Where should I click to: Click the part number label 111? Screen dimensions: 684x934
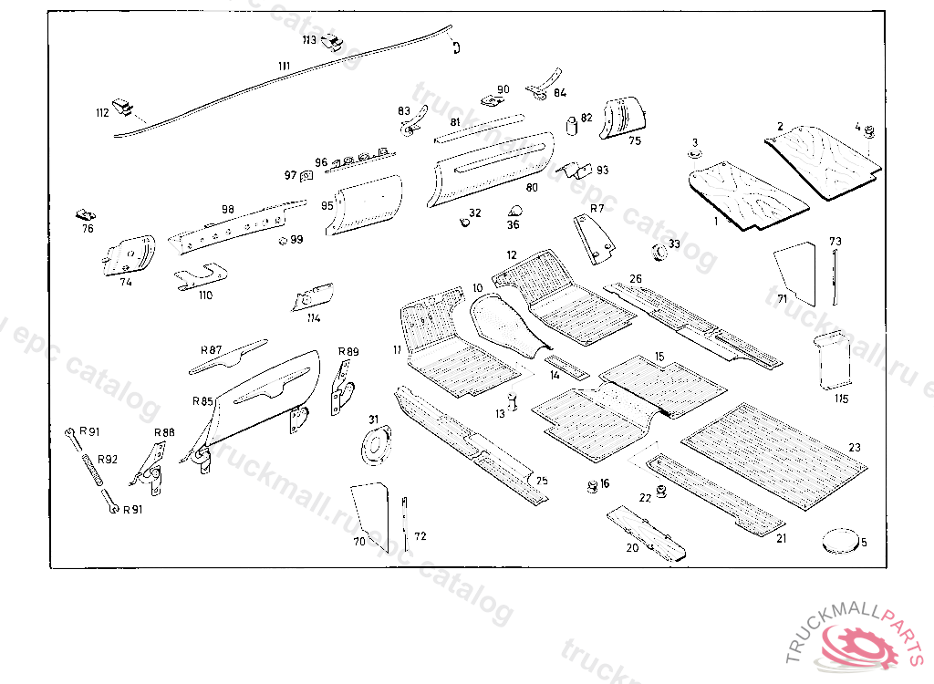tap(284, 67)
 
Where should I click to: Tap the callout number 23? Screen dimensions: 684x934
tap(854, 447)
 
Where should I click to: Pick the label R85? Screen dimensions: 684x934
tap(202, 400)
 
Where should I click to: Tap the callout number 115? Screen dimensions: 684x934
tap(840, 399)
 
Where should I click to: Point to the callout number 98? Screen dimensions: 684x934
tap(228, 209)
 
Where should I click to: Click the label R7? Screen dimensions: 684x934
tap(597, 209)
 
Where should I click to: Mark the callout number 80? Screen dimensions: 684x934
tap(532, 187)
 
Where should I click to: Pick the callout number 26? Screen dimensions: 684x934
tap(636, 278)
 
